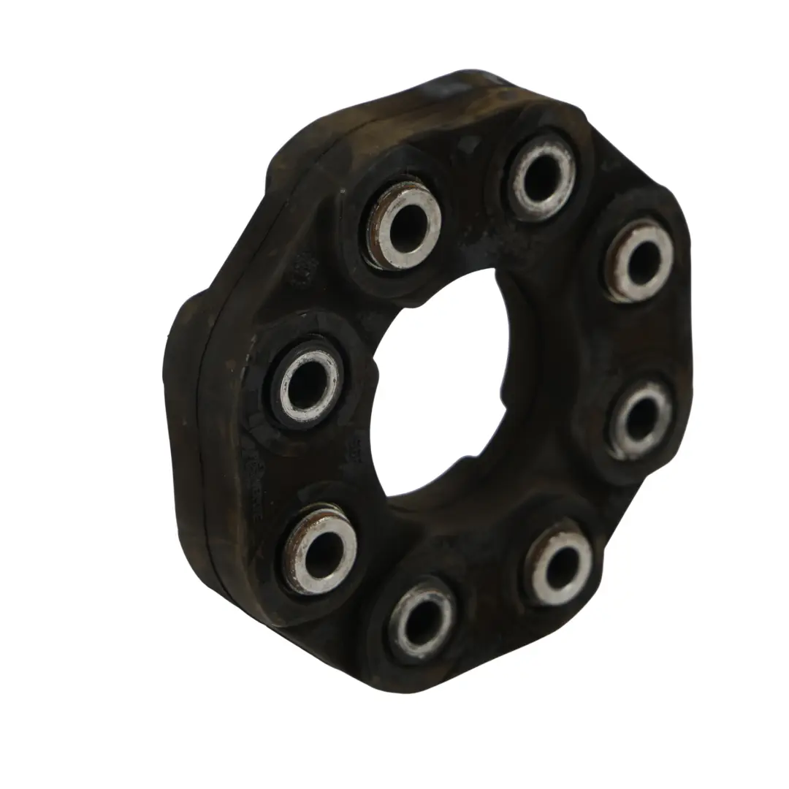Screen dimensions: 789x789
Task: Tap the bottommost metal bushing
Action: (422, 620)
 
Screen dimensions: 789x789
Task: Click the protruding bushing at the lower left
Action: (320, 548)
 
